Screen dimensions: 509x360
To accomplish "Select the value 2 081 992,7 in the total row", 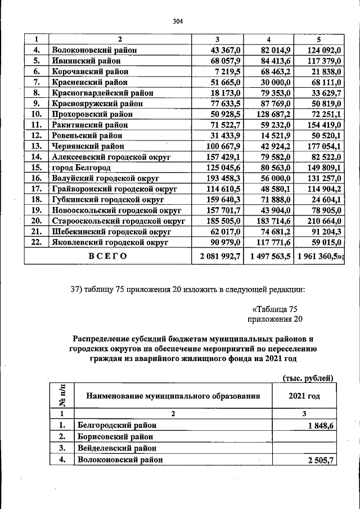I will coord(216,256).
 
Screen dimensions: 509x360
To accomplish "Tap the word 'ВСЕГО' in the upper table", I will coord(108,256).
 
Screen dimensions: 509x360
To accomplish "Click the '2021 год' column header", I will coord(304,396).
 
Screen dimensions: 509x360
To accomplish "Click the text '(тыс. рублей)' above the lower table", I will coord(308,377).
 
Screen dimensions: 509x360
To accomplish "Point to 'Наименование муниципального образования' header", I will coord(173,396).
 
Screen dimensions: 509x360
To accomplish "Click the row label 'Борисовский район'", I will coord(115,436).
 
